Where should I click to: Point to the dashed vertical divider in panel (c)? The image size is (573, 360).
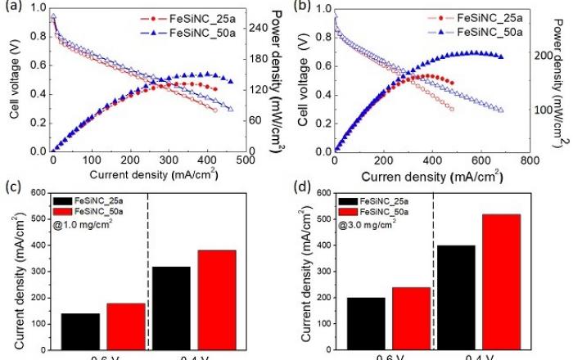point(148,270)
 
